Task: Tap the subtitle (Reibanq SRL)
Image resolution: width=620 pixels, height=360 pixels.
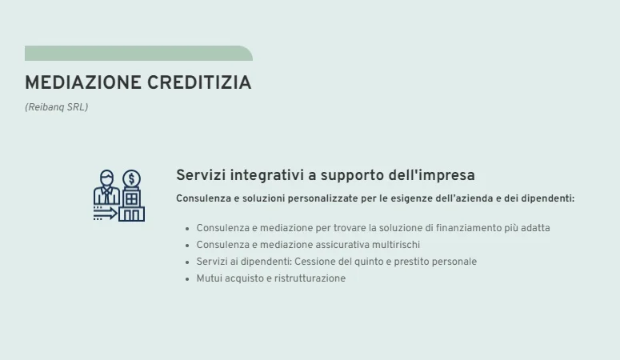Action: click(56, 107)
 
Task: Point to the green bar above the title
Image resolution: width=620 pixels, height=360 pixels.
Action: click(138, 54)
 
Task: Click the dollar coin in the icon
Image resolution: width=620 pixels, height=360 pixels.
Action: click(132, 178)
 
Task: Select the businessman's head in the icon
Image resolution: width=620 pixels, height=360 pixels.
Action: click(106, 178)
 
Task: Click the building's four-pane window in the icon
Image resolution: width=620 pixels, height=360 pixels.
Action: click(131, 196)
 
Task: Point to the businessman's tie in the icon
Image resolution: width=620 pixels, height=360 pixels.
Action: click(106, 194)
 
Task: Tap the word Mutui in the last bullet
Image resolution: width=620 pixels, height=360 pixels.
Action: click(209, 278)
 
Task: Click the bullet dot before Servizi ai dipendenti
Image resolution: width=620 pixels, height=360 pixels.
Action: click(188, 262)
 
